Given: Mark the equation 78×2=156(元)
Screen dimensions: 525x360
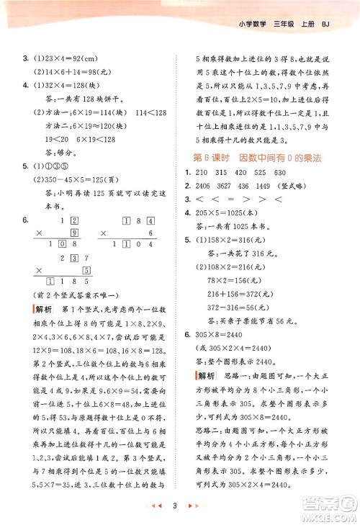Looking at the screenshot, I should coord(236,279).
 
